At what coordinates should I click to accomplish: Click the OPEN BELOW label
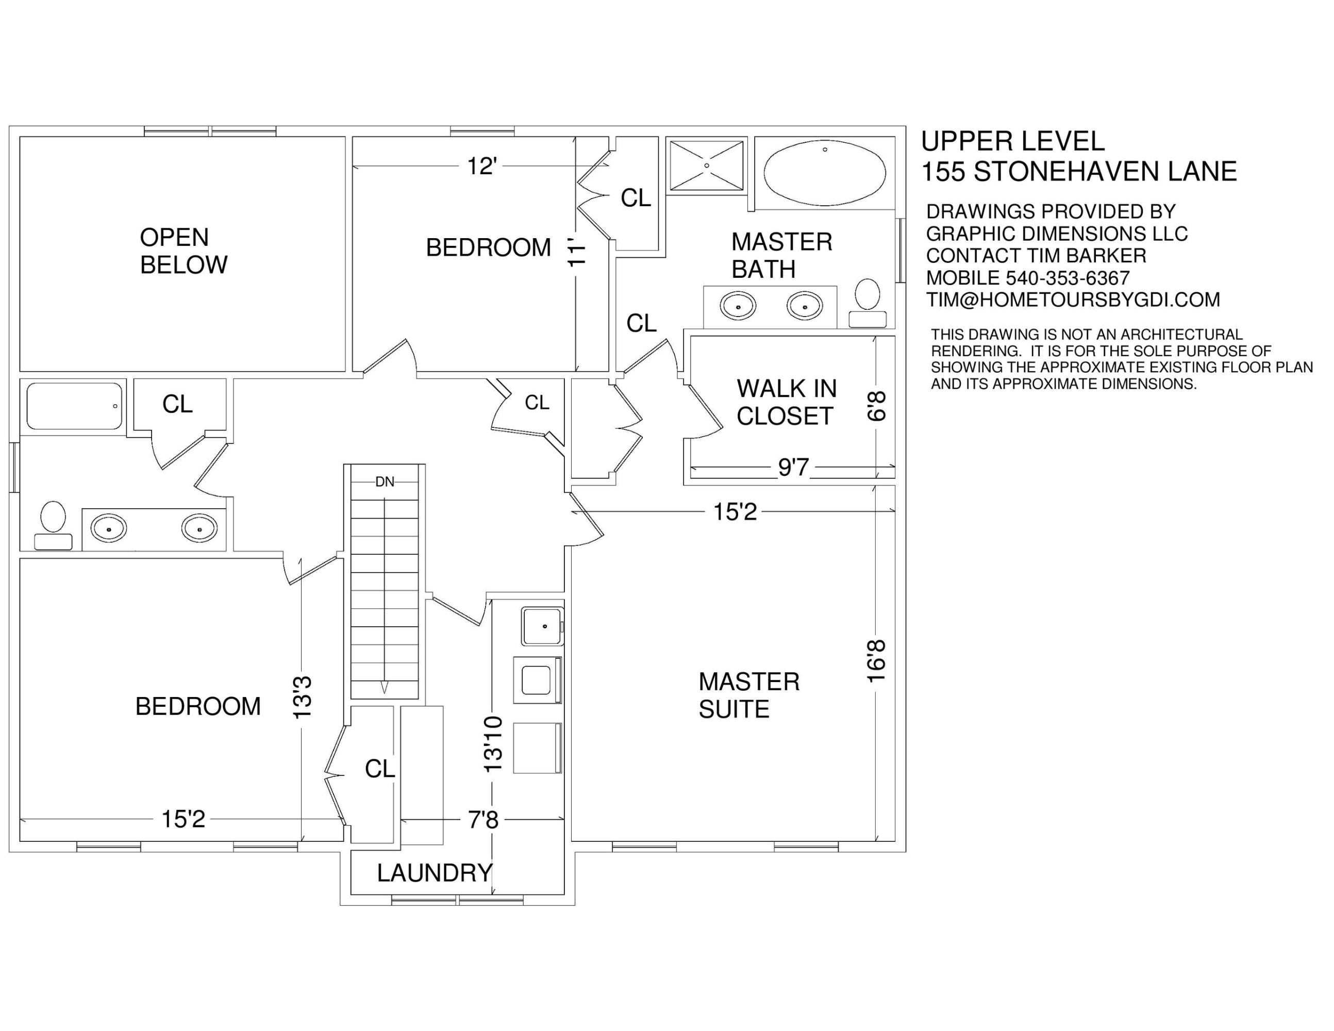point(183,251)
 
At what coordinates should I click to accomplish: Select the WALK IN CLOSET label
point(786,402)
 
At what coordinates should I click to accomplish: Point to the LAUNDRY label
point(435,873)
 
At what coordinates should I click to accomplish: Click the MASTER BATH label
point(782,255)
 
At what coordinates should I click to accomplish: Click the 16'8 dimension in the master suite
point(876,661)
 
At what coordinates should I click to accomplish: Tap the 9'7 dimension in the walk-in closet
point(793,467)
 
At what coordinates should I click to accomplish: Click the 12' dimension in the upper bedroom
point(481,166)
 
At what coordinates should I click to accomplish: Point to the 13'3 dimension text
point(303,696)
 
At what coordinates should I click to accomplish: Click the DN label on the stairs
point(385,482)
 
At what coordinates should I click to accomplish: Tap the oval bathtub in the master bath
point(825,173)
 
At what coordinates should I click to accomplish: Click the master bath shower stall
point(707,165)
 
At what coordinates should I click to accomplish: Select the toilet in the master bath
point(868,303)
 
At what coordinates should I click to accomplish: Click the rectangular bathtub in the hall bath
point(75,406)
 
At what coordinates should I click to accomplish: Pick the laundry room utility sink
point(542,626)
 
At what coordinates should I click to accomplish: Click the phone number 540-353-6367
point(1068,278)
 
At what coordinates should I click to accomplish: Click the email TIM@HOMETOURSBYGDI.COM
point(1073,300)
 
